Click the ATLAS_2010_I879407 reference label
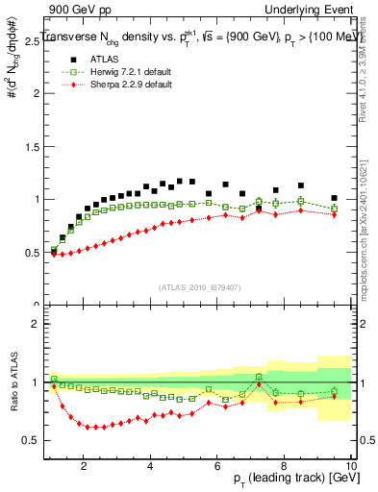198,285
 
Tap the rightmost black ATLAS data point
334,198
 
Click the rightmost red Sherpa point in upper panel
334,215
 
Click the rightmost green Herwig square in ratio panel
334,391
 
